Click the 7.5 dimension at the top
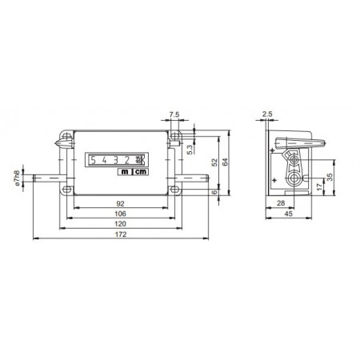click(x=174, y=114)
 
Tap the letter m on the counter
click(x=126, y=170)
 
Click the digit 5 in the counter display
click(x=93, y=158)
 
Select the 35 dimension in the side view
click(x=329, y=178)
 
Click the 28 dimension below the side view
click(x=279, y=205)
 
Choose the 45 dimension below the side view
click(x=286, y=215)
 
